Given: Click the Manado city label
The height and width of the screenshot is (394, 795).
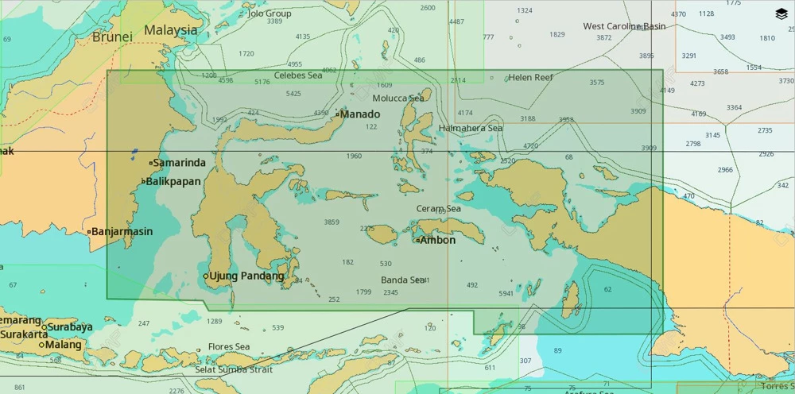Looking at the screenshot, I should click(360, 114).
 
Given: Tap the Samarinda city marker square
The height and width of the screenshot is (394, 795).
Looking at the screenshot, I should click(150, 164).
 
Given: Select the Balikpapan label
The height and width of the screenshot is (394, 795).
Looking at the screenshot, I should click(173, 182).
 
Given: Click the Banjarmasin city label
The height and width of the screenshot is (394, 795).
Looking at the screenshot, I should click(122, 232).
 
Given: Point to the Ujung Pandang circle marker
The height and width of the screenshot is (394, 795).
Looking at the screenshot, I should click(205, 276).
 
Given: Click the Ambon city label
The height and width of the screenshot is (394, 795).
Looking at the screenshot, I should click(437, 240).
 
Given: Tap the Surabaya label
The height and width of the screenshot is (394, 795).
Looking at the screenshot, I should click(70, 327).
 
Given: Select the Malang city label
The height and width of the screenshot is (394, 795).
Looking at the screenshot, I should click(64, 346).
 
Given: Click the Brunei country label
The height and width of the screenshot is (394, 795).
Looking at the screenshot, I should click(111, 37).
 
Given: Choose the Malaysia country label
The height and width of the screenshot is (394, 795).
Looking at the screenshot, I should click(170, 30).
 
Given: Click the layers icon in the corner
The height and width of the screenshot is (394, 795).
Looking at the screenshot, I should click(781, 14).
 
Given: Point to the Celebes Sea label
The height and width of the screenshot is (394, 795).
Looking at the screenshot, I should click(298, 75).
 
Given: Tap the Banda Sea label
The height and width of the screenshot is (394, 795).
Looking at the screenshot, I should click(402, 280).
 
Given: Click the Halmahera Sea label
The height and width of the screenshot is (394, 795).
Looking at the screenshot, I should click(471, 128).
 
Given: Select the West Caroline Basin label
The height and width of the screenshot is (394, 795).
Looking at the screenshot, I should click(624, 26).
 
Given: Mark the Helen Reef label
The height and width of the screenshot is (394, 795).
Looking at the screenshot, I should click(530, 78).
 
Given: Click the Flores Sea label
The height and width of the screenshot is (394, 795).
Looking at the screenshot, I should click(229, 347).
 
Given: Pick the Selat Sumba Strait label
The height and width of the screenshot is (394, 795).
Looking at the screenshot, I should click(234, 370).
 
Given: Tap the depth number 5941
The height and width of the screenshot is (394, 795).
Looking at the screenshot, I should click(506, 294).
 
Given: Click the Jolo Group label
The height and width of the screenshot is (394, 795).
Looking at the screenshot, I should click(270, 14).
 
